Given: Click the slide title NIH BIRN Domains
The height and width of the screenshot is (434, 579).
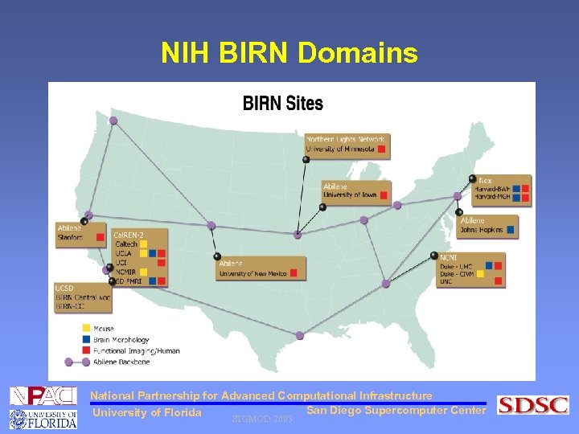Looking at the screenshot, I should click(x=289, y=53).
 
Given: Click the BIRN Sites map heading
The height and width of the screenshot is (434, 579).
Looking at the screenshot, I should click(x=283, y=103).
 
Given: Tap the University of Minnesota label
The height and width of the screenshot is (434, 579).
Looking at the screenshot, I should click(x=340, y=149).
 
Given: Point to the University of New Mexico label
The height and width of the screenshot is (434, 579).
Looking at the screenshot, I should click(x=253, y=273).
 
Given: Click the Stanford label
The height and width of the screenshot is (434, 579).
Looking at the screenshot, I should click(x=70, y=237).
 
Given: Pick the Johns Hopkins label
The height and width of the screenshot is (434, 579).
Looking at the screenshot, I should click(x=481, y=230).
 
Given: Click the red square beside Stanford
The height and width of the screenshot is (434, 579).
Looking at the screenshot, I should click(x=100, y=237).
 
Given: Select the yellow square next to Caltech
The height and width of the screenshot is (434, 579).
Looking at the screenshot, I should click(x=143, y=244).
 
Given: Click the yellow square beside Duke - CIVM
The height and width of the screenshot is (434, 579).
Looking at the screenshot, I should click(x=481, y=273).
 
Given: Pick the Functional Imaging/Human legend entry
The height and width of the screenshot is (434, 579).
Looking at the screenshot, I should click(x=136, y=350).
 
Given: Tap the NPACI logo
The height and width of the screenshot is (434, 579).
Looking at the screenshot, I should click(x=43, y=395).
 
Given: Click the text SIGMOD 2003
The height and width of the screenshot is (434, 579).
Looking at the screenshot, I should click(x=261, y=419).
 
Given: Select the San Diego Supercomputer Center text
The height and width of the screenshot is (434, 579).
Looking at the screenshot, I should click(x=396, y=411).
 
